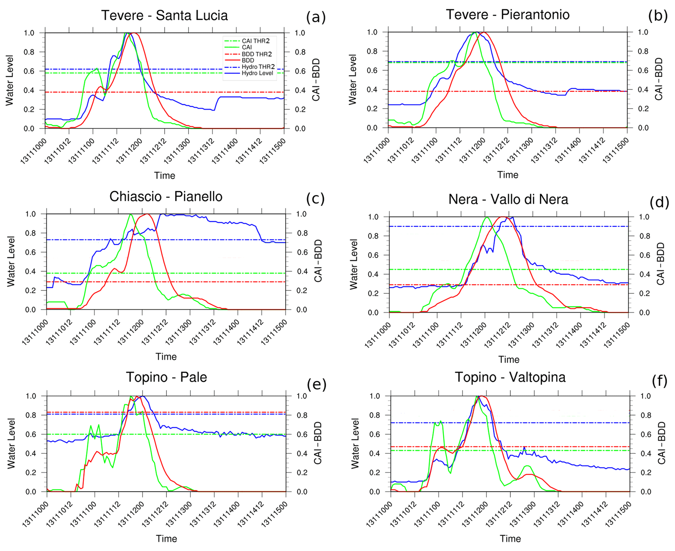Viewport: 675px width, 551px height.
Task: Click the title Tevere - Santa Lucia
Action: [164, 15]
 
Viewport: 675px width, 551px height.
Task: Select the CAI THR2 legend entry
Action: [255, 41]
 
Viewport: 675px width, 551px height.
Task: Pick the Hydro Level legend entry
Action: [257, 73]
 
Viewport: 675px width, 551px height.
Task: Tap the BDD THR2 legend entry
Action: [256, 54]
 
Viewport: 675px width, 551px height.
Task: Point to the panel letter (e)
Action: [316, 384]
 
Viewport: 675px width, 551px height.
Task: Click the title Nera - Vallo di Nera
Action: [508, 199]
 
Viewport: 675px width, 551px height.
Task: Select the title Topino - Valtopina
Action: [510, 377]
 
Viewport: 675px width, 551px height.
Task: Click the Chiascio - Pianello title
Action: [166, 196]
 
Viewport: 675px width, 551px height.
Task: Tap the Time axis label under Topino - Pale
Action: [166, 539]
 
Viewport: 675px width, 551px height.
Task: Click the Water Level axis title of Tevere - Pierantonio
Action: [352, 80]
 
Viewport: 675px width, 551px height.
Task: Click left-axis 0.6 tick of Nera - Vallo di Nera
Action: [373, 255]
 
